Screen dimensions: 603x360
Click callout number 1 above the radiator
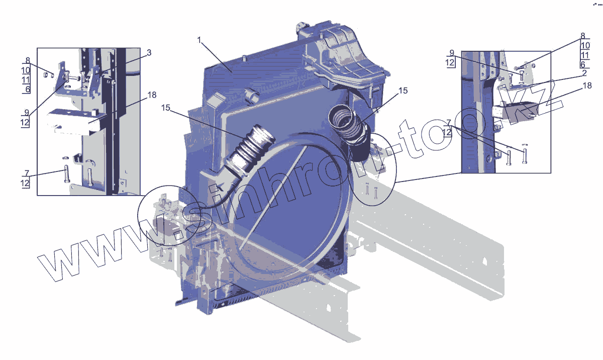pyautogui.click(x=199, y=40)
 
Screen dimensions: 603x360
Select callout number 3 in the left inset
pyautogui.click(x=149, y=52)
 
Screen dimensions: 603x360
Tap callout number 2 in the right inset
pyautogui.click(x=584, y=73)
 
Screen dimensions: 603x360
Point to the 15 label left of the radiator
pyautogui.click(x=166, y=108)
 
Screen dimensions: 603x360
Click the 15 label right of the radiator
pyautogui.click(x=403, y=91)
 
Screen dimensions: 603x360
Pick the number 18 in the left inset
pyautogui.click(x=152, y=95)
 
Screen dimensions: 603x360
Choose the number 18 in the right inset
pyautogui.click(x=587, y=85)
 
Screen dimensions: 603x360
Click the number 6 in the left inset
pyautogui.click(x=28, y=89)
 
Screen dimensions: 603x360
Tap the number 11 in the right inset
pyautogui.click(x=585, y=55)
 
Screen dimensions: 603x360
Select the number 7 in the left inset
pyautogui.click(x=27, y=173)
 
